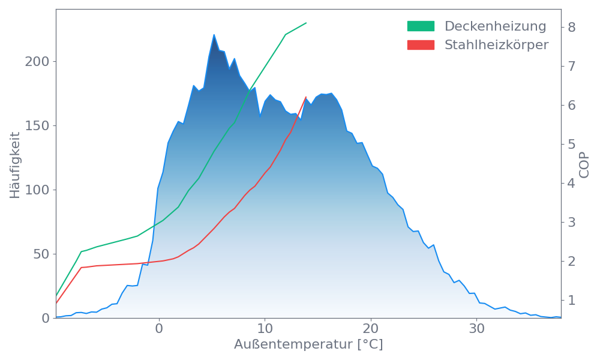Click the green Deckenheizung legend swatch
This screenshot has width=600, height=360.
(421, 26)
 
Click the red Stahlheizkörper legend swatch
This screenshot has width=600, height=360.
(421, 45)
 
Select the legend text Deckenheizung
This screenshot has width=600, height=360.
(495, 26)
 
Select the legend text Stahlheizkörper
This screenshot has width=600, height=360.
(496, 45)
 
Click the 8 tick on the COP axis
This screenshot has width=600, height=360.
(572, 27)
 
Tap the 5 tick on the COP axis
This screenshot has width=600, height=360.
(572, 144)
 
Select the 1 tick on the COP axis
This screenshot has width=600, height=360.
(572, 300)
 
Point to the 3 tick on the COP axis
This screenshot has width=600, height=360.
(572, 222)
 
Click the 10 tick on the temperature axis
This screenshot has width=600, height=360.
(265, 329)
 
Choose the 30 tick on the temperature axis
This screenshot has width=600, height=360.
(477, 329)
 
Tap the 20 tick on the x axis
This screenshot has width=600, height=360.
(371, 329)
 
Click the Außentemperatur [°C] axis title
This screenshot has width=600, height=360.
(308, 345)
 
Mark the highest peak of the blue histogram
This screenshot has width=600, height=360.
(214, 35)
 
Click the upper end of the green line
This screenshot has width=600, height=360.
(307, 23)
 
